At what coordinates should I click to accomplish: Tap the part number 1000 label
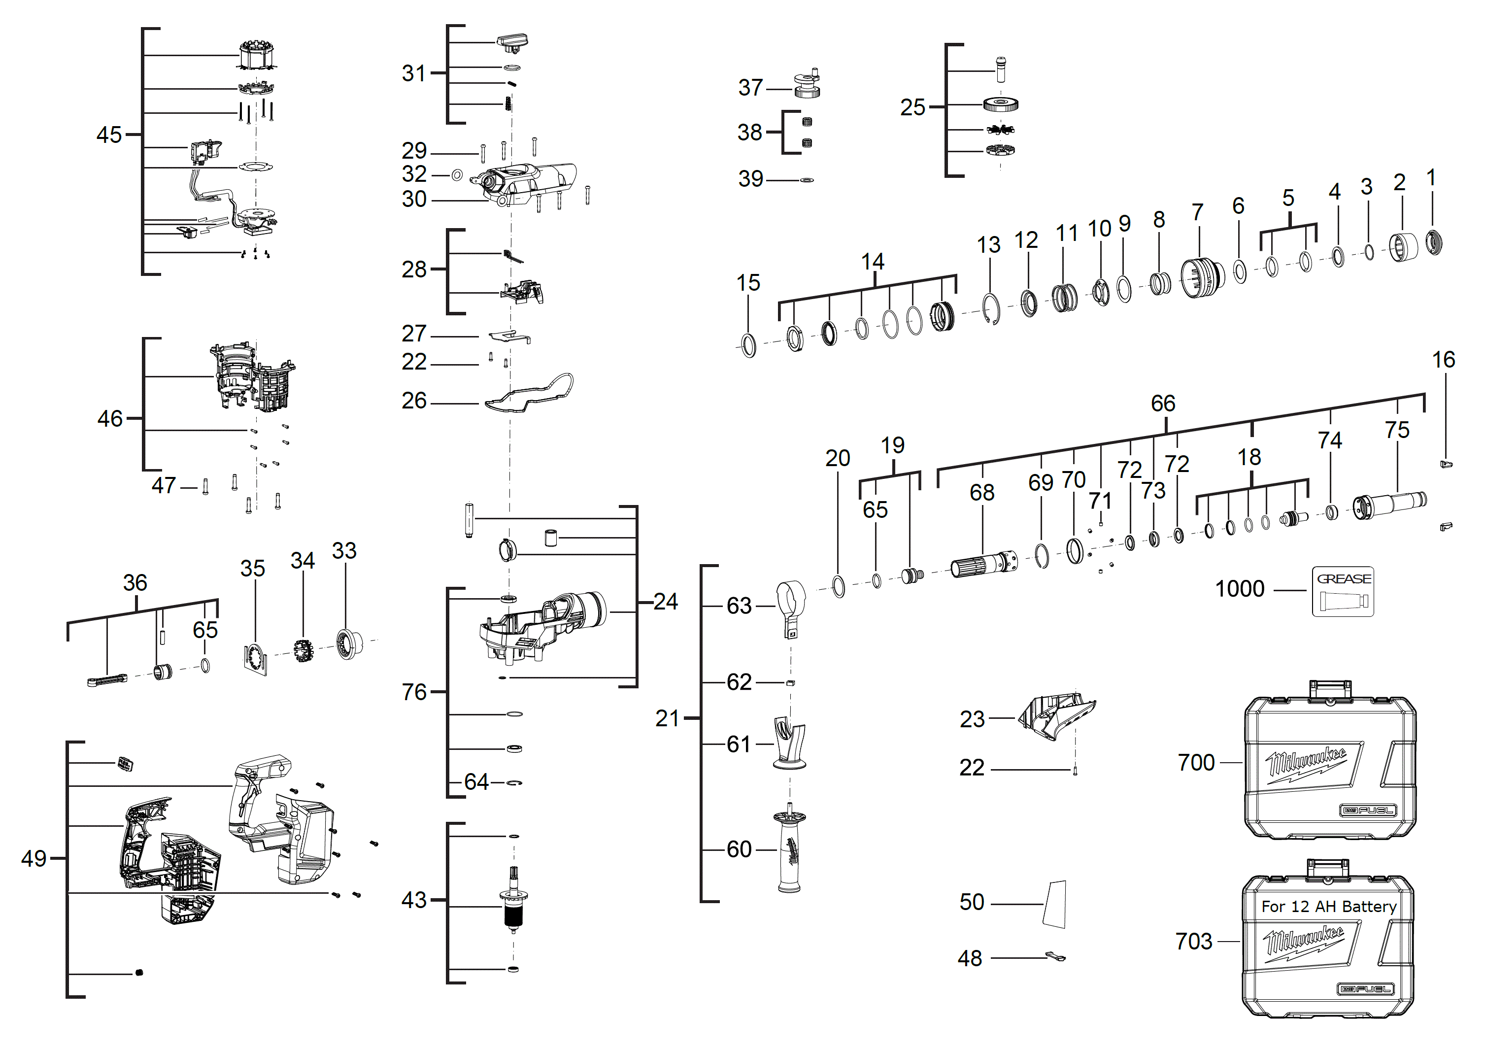point(1239,589)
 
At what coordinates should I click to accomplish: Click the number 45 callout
point(109,135)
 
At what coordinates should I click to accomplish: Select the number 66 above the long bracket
point(1162,404)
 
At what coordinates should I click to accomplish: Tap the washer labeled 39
point(807,180)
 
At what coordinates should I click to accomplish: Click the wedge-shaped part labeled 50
point(1055,904)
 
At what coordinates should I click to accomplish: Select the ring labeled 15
point(748,345)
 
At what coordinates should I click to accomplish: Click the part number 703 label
point(1193,941)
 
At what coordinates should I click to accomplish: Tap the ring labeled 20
point(838,587)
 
